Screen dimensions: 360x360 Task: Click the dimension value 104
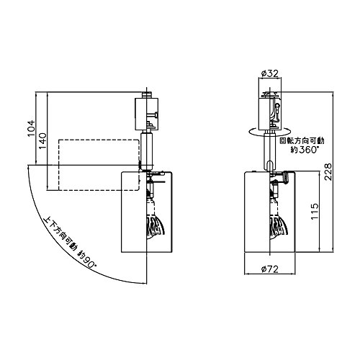(x=31, y=128)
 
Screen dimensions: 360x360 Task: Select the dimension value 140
(x=42, y=140)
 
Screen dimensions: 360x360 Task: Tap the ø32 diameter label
(x=269, y=73)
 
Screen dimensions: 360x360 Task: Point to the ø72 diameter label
(x=270, y=269)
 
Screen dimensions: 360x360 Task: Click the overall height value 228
(x=328, y=171)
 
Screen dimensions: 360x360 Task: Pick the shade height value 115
(x=315, y=211)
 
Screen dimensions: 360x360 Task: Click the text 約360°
(x=305, y=150)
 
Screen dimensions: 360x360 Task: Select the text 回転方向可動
(x=303, y=140)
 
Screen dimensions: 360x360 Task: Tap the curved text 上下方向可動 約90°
(x=70, y=243)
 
